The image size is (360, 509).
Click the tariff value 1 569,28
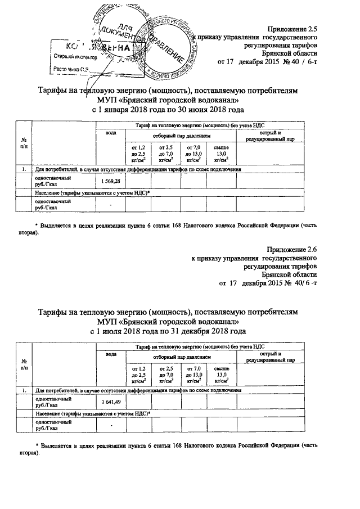pos(111,182)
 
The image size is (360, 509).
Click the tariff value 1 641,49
pos(111,402)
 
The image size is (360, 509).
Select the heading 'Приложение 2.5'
pos(292,27)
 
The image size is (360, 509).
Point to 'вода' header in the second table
pos(111,353)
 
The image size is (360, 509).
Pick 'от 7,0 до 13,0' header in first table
pos(193,153)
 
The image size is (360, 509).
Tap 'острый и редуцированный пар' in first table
pos(274,136)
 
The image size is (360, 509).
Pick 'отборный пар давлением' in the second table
pos(179,357)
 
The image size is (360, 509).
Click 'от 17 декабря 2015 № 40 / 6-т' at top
pos(267,61)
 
